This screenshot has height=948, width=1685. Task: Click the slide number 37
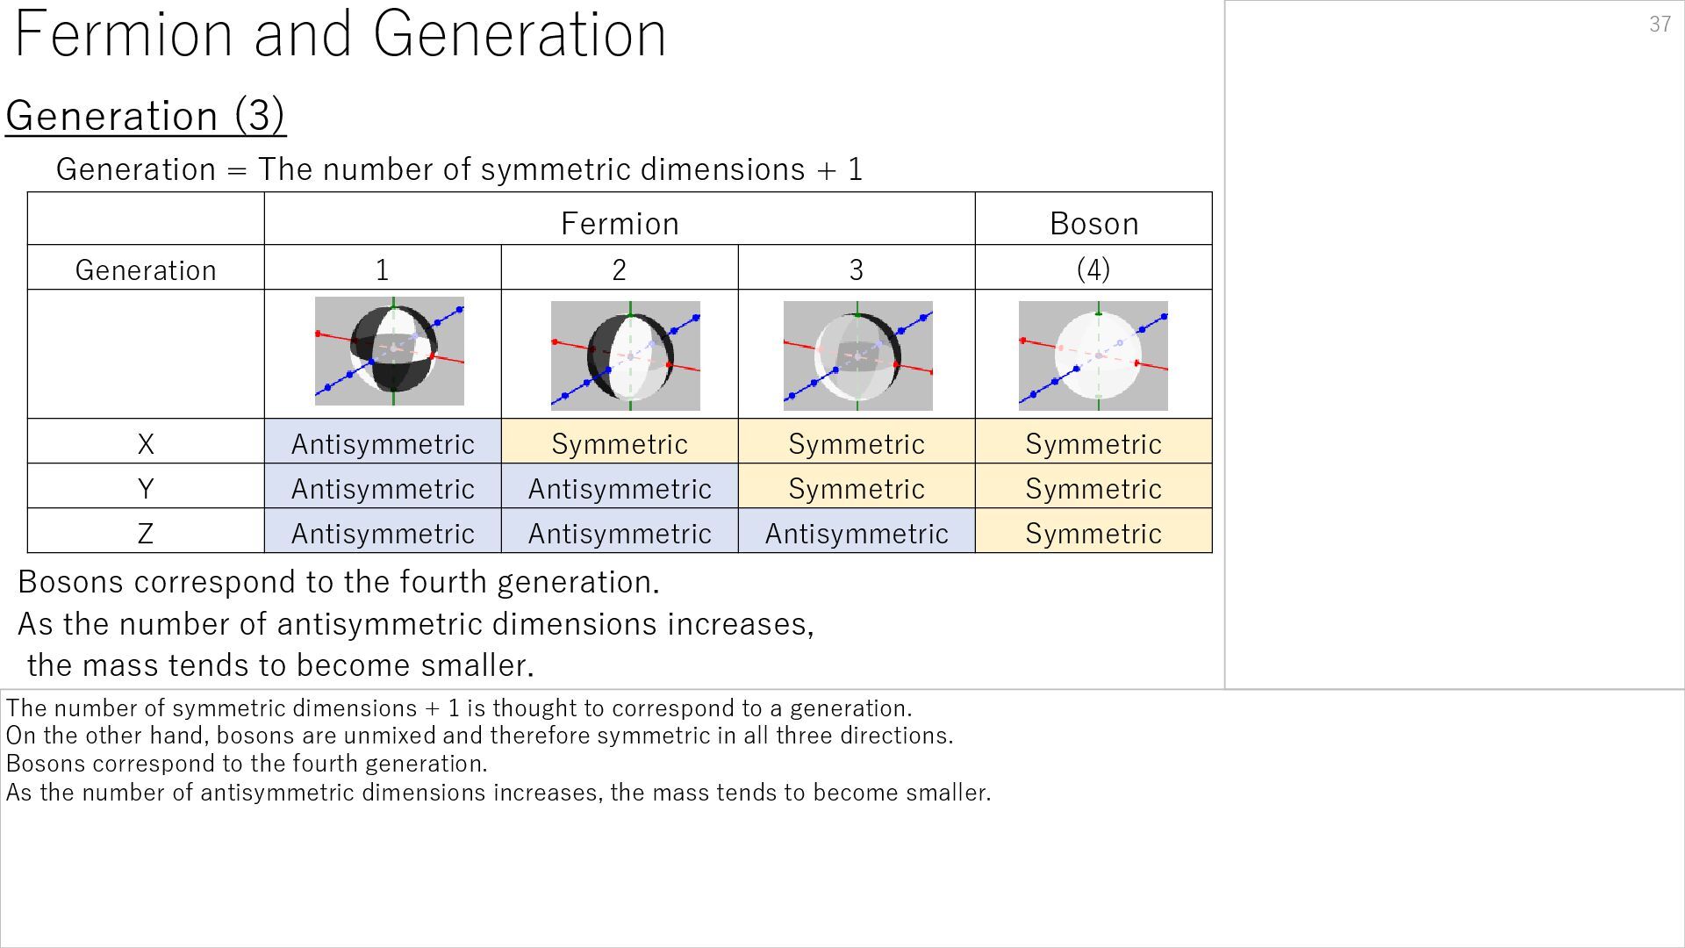point(1660,25)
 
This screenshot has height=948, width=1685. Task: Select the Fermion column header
point(620,223)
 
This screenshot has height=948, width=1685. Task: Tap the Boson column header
point(1093,223)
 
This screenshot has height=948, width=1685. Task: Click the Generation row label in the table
point(146,269)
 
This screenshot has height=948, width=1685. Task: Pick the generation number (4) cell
point(1093,269)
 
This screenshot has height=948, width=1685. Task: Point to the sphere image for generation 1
point(390,351)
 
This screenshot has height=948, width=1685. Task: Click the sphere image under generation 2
point(626,355)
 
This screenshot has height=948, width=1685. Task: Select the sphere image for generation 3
point(857,355)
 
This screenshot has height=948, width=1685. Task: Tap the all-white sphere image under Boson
point(1093,355)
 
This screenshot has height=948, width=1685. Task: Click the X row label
point(146,443)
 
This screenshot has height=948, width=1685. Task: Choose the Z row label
point(146,533)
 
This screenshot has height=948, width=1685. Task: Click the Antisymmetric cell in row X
point(383,443)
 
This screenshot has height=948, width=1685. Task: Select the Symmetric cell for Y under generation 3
point(857,488)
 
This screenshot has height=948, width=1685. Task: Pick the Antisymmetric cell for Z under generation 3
point(857,533)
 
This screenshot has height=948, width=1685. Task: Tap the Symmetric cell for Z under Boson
point(1093,533)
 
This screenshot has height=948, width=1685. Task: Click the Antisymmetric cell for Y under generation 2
point(620,488)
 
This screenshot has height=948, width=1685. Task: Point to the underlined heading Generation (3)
point(146,115)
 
